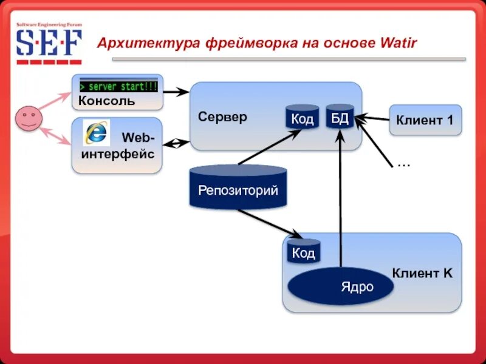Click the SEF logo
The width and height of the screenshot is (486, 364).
[49, 44]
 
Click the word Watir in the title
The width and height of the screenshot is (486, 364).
[398, 44]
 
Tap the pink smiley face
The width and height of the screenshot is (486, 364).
[28, 118]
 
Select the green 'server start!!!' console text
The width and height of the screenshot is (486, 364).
[118, 86]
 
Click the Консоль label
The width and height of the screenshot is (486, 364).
[107, 101]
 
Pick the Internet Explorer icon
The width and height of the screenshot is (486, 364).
[96, 132]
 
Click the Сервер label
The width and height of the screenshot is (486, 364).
[222, 116]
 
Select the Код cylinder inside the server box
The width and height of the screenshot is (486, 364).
[302, 118]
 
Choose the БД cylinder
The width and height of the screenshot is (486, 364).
[339, 117]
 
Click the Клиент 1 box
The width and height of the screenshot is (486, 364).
[425, 120]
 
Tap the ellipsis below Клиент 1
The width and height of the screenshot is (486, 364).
[403, 164]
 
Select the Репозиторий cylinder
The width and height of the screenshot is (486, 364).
[238, 188]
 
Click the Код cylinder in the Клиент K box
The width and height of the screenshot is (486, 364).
[303, 252]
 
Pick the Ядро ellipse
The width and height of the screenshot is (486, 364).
[340, 286]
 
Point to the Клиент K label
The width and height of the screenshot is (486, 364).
[422, 274]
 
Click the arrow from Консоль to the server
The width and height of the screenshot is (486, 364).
[177, 92]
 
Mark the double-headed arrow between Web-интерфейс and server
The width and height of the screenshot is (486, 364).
[177, 144]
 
